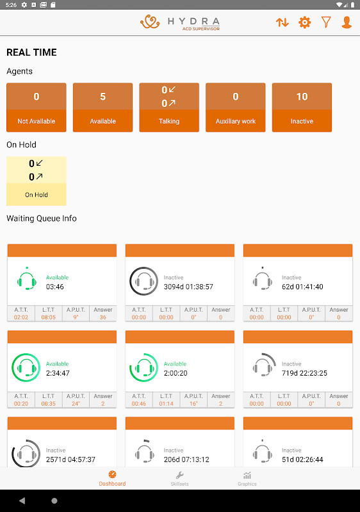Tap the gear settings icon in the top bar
point(304,22)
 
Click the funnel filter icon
point(326,22)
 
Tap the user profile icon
point(347,22)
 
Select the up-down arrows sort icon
point(282,22)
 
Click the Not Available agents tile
point(37,108)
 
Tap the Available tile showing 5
point(102,108)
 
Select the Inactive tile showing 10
point(302,108)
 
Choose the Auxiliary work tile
point(236,108)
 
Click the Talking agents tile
point(169,108)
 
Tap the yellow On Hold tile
point(37,181)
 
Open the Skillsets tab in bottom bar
point(179,479)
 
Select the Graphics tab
point(247,479)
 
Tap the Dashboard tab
point(112,479)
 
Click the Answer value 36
point(103,317)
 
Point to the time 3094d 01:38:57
point(188,287)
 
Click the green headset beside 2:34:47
point(26,367)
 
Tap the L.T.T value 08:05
point(48,317)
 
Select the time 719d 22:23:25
point(304,373)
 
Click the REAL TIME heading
point(31,52)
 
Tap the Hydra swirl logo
point(150,22)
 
